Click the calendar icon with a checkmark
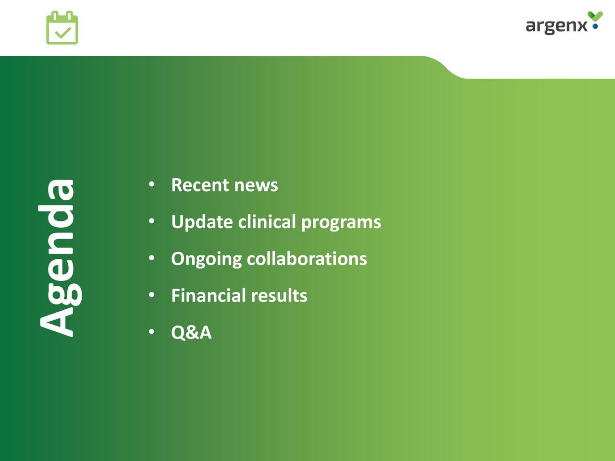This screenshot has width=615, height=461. click(62, 27)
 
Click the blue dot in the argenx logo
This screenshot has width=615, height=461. click(595, 26)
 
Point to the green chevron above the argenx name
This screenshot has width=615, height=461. click(595, 16)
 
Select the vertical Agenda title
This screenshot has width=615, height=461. click(60, 258)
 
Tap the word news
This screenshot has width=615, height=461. click(256, 186)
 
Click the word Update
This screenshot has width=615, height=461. click(202, 222)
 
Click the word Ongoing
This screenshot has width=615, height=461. click(207, 259)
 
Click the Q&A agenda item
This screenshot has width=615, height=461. click(191, 332)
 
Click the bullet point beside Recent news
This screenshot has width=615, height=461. click(151, 184)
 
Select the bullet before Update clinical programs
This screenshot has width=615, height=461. click(151, 221)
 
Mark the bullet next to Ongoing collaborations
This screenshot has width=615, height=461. click(151, 258)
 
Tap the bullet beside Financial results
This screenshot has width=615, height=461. click(151, 295)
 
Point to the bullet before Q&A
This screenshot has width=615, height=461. click(151, 332)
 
